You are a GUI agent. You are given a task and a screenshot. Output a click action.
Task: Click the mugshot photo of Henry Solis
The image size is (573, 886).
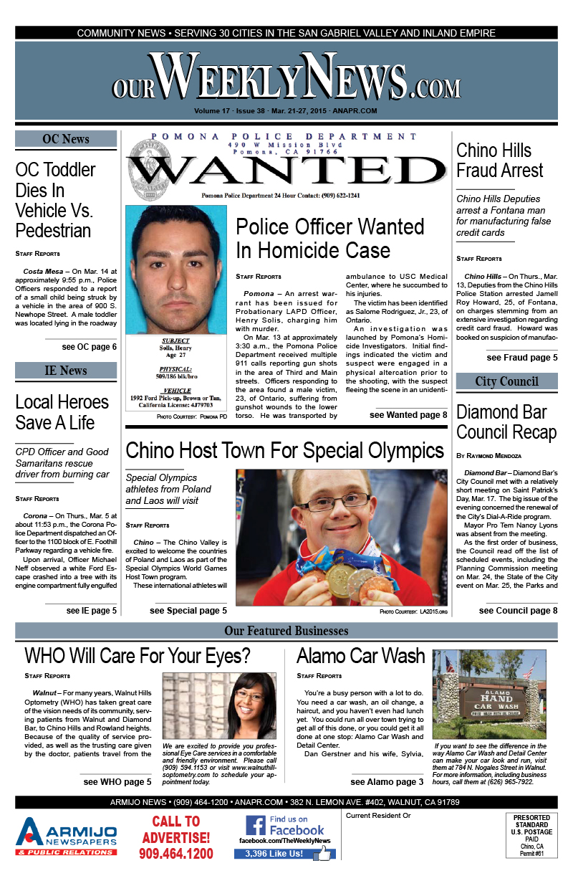[x=175, y=269]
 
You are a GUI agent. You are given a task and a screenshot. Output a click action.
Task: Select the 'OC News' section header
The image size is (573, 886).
[x=66, y=139]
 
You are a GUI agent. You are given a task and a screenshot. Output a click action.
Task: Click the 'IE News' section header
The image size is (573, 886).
[x=66, y=371]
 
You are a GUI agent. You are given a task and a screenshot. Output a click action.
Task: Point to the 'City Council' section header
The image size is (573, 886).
[x=506, y=381]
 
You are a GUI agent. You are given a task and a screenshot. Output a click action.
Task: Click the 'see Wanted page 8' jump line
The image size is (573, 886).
[x=408, y=415]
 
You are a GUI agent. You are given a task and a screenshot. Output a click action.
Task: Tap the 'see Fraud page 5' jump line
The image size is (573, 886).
[x=521, y=358]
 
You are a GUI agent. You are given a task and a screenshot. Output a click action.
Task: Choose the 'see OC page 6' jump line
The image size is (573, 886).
[x=89, y=347]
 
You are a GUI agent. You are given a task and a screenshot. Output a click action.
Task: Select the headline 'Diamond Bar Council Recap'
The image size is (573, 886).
[x=506, y=422]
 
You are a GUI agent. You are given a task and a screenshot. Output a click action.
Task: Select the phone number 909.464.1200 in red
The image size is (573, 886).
[x=176, y=853]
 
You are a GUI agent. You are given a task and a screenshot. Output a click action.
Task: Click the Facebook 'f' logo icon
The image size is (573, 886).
[x=256, y=826]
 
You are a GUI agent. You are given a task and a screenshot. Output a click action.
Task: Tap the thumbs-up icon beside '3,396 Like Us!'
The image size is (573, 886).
[x=325, y=853]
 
